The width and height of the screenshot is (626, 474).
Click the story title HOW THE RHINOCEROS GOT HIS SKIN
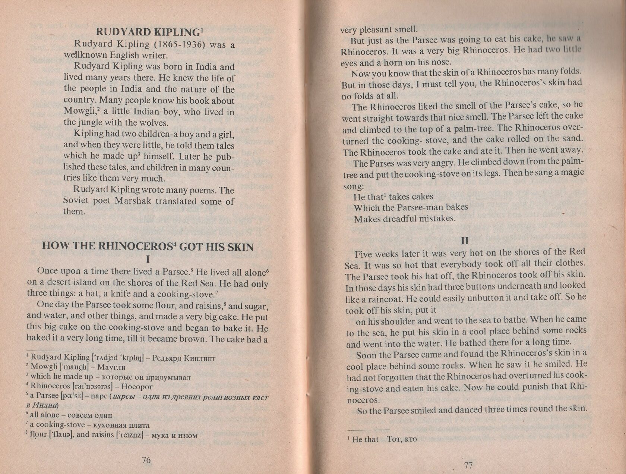pyautogui.click(x=148, y=247)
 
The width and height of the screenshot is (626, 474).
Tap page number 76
pyautogui.click(x=146, y=460)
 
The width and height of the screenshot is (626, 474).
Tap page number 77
pyautogui.click(x=468, y=465)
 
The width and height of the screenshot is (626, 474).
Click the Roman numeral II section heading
pyautogui.click(x=465, y=241)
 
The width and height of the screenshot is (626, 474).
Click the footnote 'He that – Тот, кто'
pyautogui.click(x=385, y=439)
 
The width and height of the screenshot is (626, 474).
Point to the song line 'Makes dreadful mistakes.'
pyautogui.click(x=405, y=219)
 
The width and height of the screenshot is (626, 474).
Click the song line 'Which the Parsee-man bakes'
pyautogui.click(x=411, y=207)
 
